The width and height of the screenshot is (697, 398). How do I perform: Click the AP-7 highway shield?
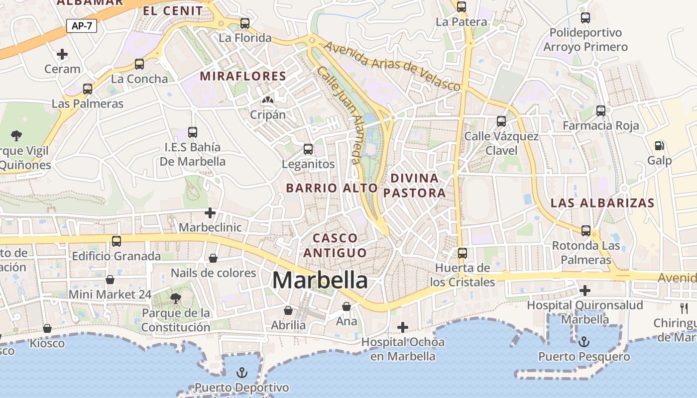click(82, 26)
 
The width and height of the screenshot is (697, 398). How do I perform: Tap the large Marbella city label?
click(320, 281)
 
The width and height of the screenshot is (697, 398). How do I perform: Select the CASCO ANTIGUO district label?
click(335, 245)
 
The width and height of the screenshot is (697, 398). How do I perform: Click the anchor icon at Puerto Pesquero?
click(584, 342)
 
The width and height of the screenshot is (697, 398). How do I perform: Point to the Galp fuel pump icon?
click(660, 146)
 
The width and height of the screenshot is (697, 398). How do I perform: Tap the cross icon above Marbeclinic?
click(210, 213)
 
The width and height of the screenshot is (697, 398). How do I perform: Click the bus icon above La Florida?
click(244, 23)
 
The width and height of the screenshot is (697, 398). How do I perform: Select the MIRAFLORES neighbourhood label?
click(243, 76)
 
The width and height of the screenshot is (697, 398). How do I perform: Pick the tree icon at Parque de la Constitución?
click(175, 298)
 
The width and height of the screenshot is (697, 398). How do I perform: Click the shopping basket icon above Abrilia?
click(288, 311)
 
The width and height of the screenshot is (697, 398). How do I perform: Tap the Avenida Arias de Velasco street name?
click(392, 66)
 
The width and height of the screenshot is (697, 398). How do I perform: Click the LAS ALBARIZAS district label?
click(602, 203)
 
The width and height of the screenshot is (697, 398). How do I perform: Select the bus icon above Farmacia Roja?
click(601, 111)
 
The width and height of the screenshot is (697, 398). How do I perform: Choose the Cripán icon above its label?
click(268, 100)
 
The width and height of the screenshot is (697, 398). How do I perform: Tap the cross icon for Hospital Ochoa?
click(403, 327)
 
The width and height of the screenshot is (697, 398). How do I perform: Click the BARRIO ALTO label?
click(332, 188)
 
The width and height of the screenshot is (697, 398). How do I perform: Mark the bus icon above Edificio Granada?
click(116, 241)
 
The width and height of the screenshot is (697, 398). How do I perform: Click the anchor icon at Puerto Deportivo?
click(241, 373)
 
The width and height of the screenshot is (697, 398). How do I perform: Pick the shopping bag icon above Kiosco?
click(47, 329)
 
